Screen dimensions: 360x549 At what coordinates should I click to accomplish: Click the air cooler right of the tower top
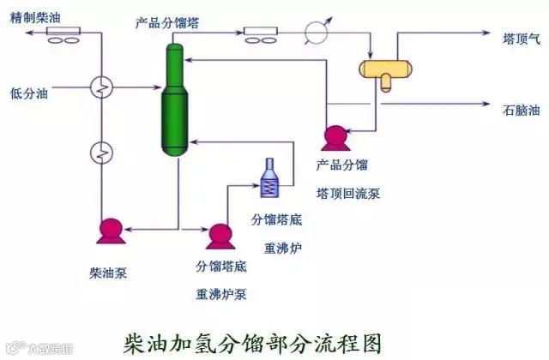[x=261, y=34]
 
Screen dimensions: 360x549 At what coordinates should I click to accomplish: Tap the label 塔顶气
[x=522, y=38]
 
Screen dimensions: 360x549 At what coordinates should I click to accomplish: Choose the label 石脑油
[x=522, y=111]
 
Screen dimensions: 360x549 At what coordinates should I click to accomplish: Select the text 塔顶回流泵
[x=347, y=193]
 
